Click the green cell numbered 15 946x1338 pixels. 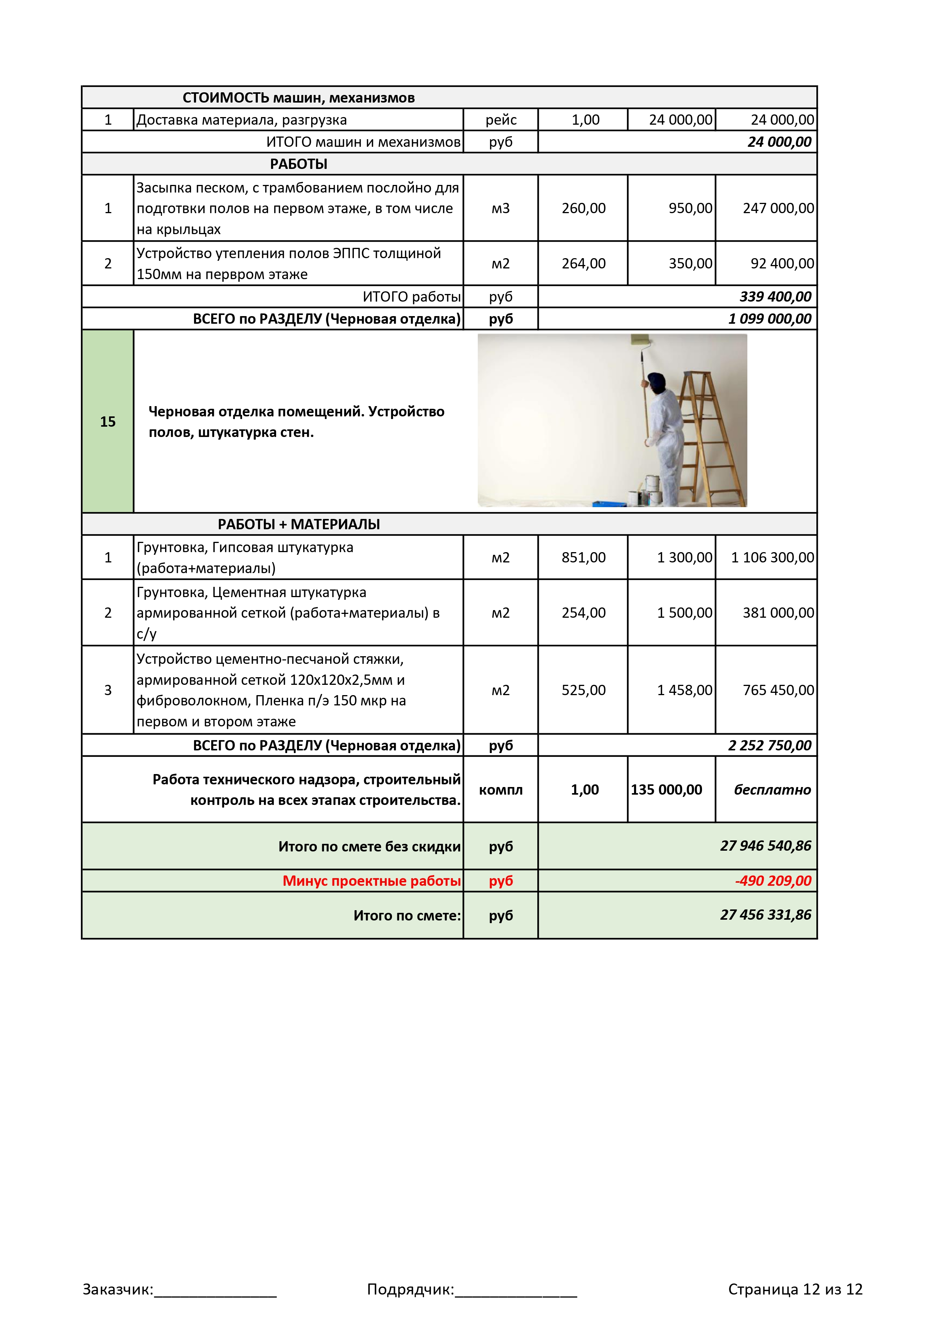[108, 421]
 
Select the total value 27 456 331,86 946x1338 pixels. [765, 915]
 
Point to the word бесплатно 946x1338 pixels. [772, 790]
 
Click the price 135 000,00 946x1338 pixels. [666, 790]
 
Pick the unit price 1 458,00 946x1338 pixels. [684, 690]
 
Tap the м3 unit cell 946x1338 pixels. [501, 208]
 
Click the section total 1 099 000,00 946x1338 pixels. [769, 319]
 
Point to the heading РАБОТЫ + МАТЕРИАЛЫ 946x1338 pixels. [299, 524]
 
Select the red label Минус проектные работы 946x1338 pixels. [371, 880]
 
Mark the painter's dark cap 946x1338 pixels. [657, 381]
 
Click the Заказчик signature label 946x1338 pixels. [118, 1289]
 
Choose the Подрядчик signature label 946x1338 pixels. [410, 1289]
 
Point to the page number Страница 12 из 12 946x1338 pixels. [795, 1289]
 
